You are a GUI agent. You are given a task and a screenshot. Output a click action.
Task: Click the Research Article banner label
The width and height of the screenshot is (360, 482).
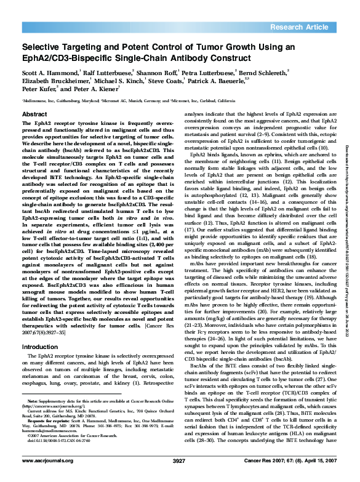[307, 28]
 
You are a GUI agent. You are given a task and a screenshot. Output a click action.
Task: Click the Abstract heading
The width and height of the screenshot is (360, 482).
[34, 114]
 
